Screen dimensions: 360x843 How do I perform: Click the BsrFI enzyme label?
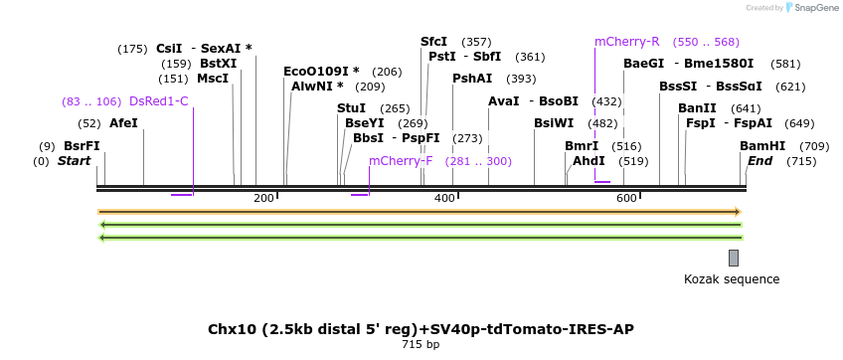pyautogui.click(x=82, y=145)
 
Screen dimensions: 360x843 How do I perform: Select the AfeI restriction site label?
pyautogui.click(x=123, y=123)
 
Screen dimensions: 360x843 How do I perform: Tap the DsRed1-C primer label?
pyautogui.click(x=158, y=101)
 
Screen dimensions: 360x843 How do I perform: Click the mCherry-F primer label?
pyautogui.click(x=401, y=161)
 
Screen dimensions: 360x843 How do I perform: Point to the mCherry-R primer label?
pyautogui.click(x=626, y=42)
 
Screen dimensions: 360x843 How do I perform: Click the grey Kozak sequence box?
pyautogui.click(x=734, y=258)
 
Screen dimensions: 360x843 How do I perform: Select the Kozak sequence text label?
pyautogui.click(x=732, y=279)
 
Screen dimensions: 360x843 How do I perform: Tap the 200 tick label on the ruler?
pyautogui.click(x=263, y=199)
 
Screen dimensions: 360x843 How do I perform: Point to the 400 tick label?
pyautogui.click(x=444, y=199)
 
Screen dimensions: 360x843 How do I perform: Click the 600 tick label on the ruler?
pyautogui.click(x=626, y=199)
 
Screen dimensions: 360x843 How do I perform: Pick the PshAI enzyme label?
pyautogui.click(x=472, y=79)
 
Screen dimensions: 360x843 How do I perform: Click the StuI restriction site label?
pyautogui.click(x=351, y=108)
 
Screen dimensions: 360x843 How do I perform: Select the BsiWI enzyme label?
pyautogui.click(x=554, y=123)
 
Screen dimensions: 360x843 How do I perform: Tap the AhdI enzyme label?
pyautogui.click(x=589, y=161)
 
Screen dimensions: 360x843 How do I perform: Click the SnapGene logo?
pyautogui.click(x=810, y=8)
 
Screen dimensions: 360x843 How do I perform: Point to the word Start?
pyautogui.click(x=74, y=161)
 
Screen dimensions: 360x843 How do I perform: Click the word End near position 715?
pyautogui.click(x=759, y=161)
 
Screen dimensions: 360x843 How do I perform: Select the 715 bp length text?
pyautogui.click(x=420, y=345)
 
